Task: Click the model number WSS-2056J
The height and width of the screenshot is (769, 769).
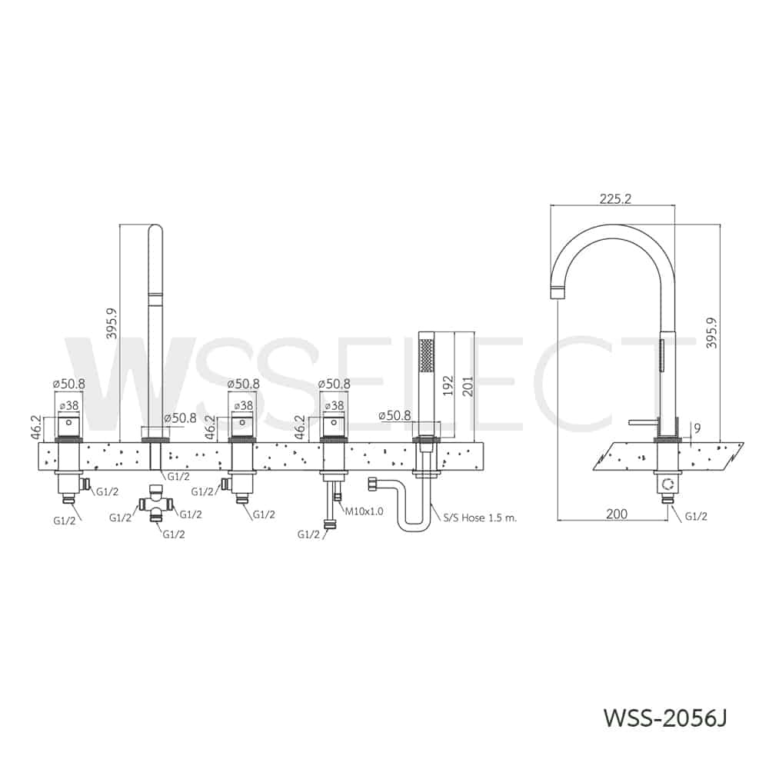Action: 664,718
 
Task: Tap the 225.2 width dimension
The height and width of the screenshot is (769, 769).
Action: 615,198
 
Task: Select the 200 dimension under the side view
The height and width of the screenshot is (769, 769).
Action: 617,514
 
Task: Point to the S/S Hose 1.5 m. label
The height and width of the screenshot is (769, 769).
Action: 480,518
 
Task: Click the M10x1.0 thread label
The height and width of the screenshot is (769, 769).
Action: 365,511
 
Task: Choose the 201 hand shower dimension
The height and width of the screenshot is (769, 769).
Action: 467,387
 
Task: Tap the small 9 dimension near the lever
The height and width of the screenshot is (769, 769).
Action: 697,428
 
